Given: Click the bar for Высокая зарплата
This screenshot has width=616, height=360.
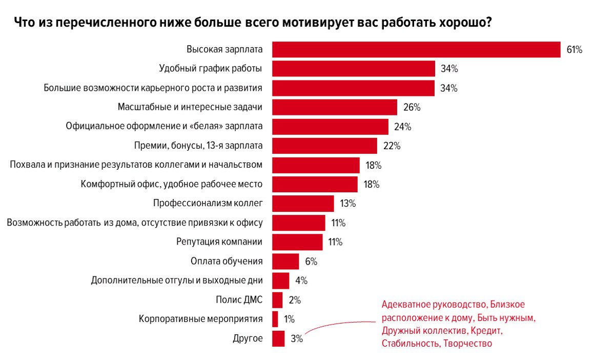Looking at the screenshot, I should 416,50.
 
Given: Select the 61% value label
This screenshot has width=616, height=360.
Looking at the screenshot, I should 574,50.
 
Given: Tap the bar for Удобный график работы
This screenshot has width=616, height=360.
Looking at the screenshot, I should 354,69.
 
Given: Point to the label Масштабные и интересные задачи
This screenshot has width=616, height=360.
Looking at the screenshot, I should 190,107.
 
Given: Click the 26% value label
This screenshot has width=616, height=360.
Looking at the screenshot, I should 412,107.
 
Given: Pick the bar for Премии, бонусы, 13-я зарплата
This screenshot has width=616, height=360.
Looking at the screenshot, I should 324,146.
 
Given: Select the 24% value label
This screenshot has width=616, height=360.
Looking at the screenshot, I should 403,127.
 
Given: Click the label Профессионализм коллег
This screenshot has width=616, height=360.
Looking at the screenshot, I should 208,203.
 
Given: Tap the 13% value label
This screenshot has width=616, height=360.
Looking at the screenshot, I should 347,204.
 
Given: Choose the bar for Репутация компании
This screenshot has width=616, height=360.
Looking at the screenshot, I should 297,242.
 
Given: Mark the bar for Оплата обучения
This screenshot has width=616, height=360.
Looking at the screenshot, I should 285,261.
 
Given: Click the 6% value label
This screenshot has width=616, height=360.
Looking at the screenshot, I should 311,262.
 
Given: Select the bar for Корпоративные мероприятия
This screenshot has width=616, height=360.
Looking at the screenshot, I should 275,319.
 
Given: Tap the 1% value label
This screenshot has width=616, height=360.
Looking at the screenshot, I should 289,319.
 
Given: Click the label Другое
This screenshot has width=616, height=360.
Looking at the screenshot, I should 248,338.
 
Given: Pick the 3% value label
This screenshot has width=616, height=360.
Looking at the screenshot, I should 297,339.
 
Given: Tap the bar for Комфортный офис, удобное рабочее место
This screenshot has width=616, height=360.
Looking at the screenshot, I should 315,184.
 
